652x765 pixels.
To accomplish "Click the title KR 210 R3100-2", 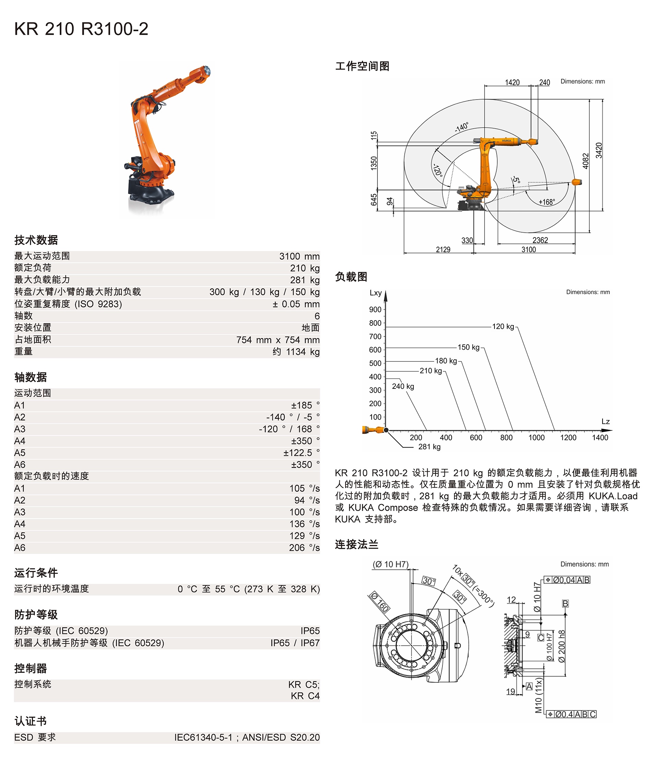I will tap(81, 29).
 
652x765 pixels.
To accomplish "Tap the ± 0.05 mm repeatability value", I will tap(296, 304).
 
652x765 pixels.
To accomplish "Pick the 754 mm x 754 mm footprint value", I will tap(278, 340).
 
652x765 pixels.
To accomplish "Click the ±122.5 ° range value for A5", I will tap(301, 453).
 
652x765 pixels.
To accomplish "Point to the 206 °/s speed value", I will tap(304, 548).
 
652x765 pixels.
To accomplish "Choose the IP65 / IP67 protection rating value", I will tap(295, 643).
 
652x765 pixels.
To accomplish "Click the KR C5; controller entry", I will tap(303, 684).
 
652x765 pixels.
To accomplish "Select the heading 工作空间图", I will tap(362, 67).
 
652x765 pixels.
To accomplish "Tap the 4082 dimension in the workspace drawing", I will tap(585, 161).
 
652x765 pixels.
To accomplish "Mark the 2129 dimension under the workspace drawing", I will tap(443, 250).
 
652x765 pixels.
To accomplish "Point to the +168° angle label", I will tap(546, 202).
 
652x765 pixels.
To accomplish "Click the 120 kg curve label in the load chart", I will tap(503, 327).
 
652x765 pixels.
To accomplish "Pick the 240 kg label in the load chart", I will tap(403, 386).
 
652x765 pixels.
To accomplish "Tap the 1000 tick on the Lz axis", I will tap(536, 438).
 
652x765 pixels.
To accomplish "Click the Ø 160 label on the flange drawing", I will tap(379, 602).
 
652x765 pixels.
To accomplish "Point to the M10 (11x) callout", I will tap(539, 696).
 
